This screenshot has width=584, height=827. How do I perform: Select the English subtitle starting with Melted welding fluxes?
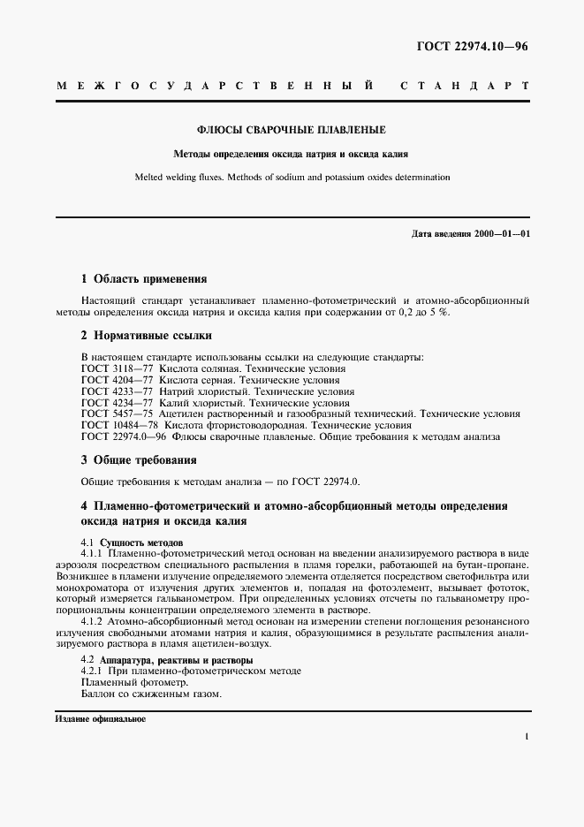click(292, 177)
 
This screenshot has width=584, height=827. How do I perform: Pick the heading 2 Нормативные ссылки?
click(146, 336)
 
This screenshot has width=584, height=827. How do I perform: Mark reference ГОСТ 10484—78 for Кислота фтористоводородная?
click(112, 425)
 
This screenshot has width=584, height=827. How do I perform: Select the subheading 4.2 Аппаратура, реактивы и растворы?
click(166, 660)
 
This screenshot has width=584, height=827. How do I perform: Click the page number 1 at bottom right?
click(527, 737)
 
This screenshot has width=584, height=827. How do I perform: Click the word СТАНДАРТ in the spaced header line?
click(465, 87)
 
